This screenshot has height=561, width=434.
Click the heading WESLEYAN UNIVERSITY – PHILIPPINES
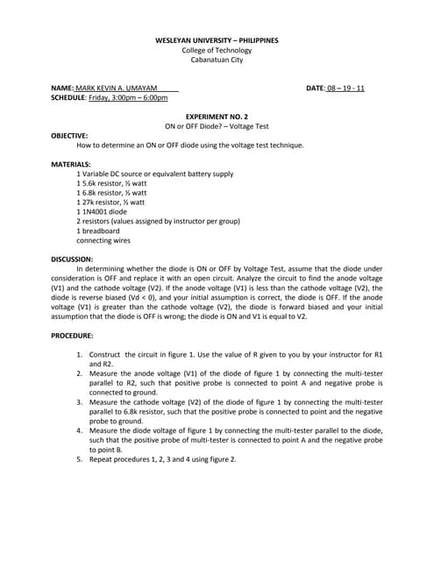pyautogui.click(x=217, y=40)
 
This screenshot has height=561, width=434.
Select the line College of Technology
pyautogui.click(x=217, y=50)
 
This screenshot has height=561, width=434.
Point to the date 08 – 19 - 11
pyautogui.click(x=345, y=89)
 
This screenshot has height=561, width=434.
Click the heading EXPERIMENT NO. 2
pyautogui.click(x=217, y=117)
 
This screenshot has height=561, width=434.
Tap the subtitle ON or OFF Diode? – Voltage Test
pyautogui.click(x=217, y=126)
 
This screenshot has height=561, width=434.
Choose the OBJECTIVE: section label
pyautogui.click(x=69, y=136)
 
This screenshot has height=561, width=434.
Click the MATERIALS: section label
pyautogui.click(x=70, y=164)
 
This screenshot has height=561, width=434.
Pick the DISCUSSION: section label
pyautogui.click(x=72, y=259)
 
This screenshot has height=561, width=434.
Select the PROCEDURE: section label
pyautogui.click(x=73, y=336)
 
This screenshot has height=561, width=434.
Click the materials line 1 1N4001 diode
pyautogui.click(x=102, y=211)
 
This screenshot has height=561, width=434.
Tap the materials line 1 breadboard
pyautogui.click(x=98, y=231)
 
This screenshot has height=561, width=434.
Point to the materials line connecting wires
pyautogui.click(x=103, y=240)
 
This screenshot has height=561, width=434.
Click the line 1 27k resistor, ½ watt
pyautogui.click(x=111, y=202)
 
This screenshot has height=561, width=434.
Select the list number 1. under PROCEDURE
pyautogui.click(x=79, y=354)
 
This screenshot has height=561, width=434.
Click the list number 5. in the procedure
pyautogui.click(x=79, y=459)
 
